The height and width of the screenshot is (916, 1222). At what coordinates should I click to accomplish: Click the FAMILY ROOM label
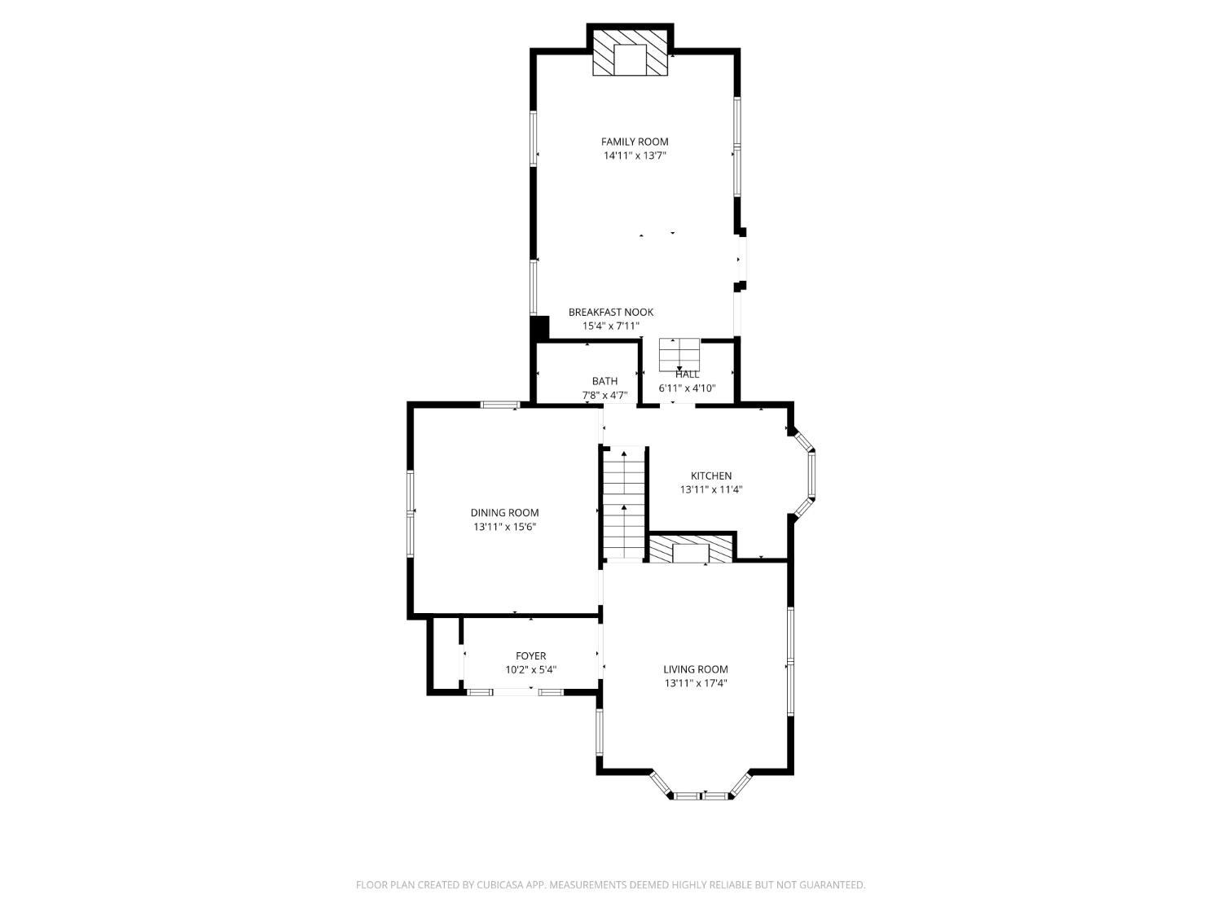point(634,142)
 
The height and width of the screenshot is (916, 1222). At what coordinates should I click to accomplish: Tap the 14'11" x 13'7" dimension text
point(635,156)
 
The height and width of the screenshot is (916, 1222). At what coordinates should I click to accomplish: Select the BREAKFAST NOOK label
point(611,312)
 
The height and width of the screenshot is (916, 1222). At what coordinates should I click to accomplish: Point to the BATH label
point(604,381)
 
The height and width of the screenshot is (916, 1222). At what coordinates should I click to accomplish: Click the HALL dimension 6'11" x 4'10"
point(687,388)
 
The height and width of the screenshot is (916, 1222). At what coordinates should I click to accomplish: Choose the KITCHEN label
point(711,476)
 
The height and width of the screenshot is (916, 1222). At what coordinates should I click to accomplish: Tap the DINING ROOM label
point(504,513)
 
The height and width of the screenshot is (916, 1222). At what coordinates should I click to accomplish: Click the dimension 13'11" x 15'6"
point(504,527)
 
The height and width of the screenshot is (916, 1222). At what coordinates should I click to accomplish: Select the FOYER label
point(530,655)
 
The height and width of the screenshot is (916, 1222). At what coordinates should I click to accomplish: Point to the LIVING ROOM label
point(696,669)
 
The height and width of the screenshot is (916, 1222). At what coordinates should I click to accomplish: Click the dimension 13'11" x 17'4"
point(696,683)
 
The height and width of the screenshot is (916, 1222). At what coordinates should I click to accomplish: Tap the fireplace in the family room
point(630,52)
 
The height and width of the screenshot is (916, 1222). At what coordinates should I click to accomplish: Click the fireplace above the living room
point(691,549)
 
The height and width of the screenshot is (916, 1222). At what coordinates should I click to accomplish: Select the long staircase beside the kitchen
point(624,502)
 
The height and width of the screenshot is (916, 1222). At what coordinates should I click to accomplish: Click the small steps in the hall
point(679,354)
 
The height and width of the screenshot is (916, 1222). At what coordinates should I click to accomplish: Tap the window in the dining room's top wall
point(500,405)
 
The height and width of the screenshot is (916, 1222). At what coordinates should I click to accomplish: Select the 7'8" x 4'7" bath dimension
point(604,396)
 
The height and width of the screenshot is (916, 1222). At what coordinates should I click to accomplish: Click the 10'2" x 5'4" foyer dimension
point(530,669)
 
